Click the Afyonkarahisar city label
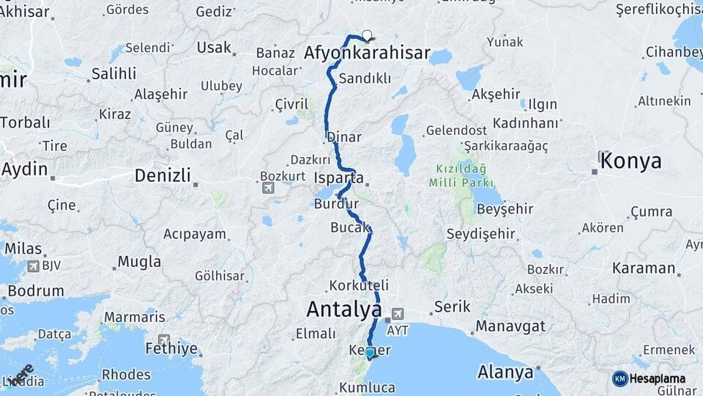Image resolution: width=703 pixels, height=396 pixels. pyautogui.click(x=367, y=54)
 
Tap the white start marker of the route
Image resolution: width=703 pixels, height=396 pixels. pyautogui.click(x=366, y=34)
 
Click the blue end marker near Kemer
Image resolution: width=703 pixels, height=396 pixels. pyautogui.click(x=370, y=353)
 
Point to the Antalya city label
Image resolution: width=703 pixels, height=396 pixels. pyautogui.click(x=343, y=309)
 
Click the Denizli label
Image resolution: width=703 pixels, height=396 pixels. pyautogui.click(x=163, y=176)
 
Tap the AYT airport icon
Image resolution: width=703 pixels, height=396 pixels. pyautogui.click(x=398, y=314)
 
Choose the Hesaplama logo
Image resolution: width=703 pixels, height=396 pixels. pyautogui.click(x=620, y=378)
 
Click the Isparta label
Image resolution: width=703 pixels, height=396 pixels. pyautogui.click(x=338, y=178)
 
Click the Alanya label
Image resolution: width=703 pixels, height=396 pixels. pyautogui.click(x=505, y=372)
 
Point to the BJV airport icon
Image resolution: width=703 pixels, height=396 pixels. pyautogui.click(x=33, y=265)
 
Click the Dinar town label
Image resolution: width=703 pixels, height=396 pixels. pyautogui.click(x=343, y=137)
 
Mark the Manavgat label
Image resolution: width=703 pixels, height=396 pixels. pyautogui.click(x=512, y=325)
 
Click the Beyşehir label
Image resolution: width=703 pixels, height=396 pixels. pyautogui.click(x=505, y=209)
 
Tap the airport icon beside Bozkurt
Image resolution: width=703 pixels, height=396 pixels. pyautogui.click(x=268, y=188)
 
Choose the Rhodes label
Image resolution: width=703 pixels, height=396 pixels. pyautogui.click(x=126, y=374)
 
